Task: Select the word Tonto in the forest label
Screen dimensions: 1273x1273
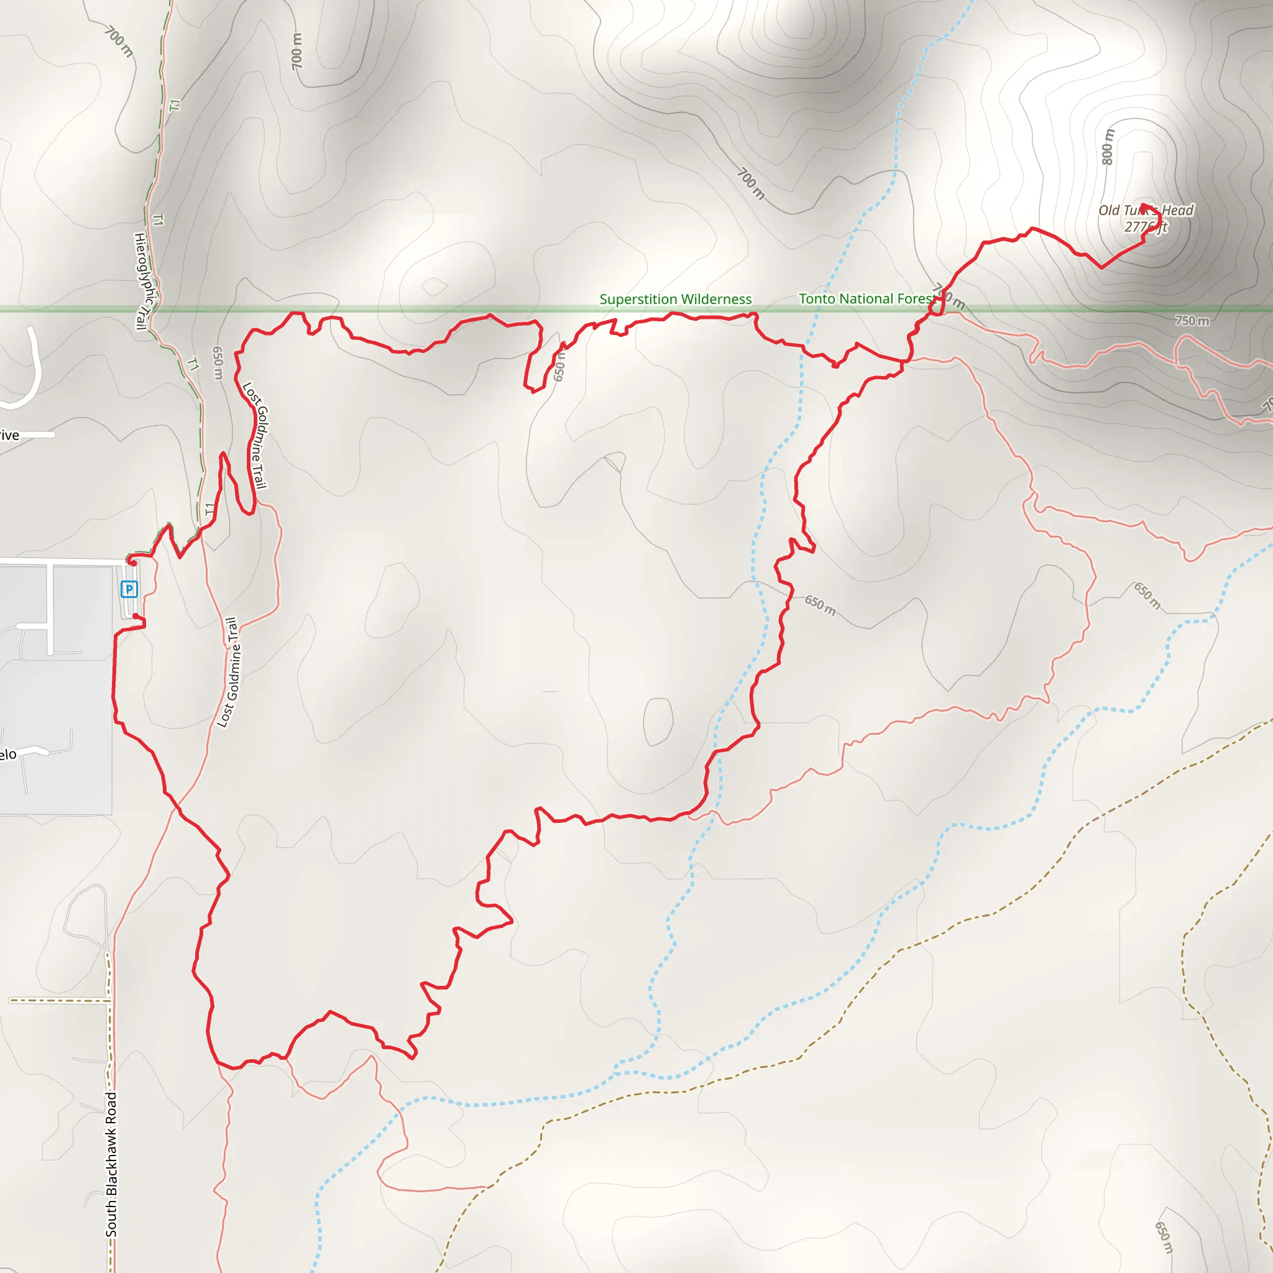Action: [817, 298]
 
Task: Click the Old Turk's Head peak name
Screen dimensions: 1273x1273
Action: [1145, 210]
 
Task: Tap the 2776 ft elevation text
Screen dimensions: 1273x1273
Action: [1145, 227]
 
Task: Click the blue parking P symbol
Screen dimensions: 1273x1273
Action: [129, 589]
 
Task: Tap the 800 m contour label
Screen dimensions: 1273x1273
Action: [1108, 146]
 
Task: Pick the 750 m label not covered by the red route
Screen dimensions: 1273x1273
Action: [1192, 321]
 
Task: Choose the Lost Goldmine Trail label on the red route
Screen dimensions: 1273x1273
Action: [255, 436]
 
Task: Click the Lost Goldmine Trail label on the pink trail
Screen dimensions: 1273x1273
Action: [229, 672]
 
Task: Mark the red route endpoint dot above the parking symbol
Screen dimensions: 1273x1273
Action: [133, 563]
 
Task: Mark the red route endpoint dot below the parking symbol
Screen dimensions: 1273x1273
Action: [136, 616]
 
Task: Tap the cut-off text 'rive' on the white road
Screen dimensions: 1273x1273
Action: [9, 435]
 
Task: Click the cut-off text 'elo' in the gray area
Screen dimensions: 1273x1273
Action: [8, 755]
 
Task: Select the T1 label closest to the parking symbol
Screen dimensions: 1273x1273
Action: [210, 509]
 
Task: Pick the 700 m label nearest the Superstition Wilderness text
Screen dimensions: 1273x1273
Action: [750, 183]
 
